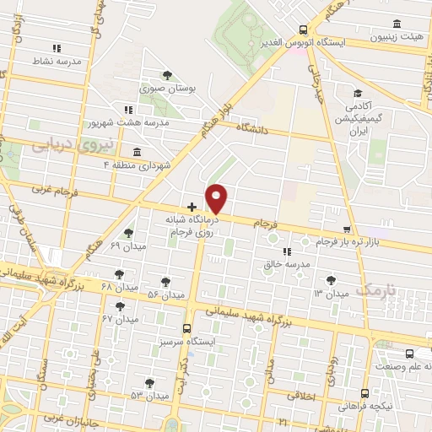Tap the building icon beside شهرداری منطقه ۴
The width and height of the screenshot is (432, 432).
(137, 152)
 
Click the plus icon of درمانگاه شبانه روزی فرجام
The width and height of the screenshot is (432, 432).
(192, 206)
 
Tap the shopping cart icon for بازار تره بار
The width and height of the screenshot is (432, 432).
(347, 229)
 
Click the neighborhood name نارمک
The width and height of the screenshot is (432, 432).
(375, 289)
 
